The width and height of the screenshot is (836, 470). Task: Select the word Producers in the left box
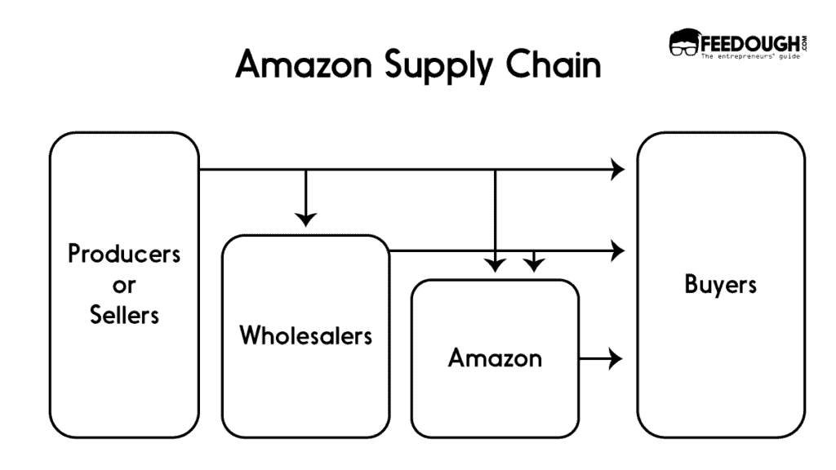tap(124, 254)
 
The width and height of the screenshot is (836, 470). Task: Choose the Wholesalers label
tap(305, 335)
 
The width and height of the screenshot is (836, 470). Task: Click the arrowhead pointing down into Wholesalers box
tap(305, 219)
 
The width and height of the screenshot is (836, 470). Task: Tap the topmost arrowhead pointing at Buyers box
tap(617, 170)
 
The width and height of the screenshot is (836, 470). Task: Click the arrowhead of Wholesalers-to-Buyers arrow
tap(617, 251)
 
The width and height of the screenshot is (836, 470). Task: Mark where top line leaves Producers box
tap(201, 170)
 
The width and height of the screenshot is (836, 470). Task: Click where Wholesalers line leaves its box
tap(390, 251)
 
